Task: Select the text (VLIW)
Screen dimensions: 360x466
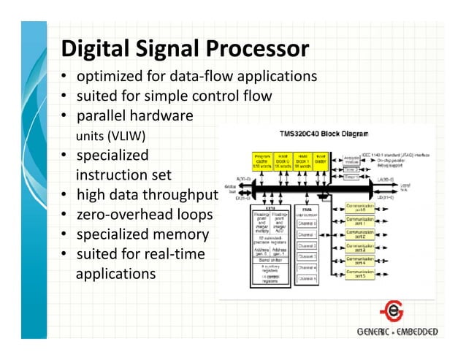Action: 126,136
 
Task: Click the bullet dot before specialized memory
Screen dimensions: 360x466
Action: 65,235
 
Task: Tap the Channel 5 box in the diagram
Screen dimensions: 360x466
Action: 307,279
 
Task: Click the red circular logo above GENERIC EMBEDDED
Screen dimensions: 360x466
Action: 395,310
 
